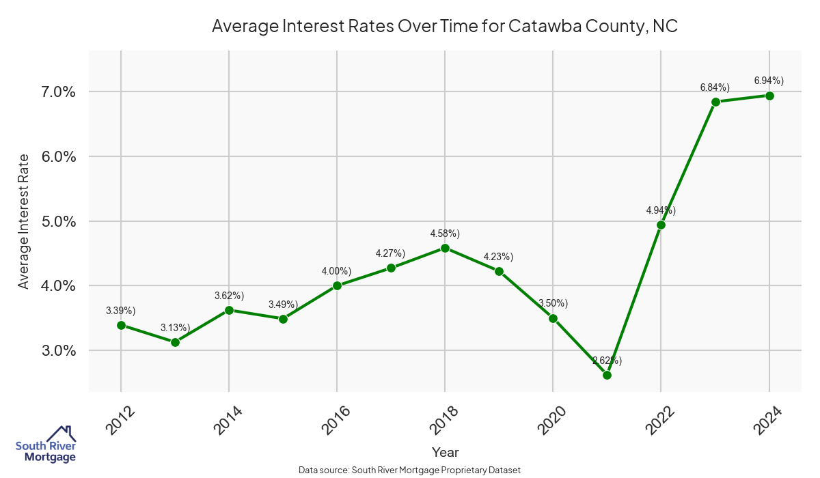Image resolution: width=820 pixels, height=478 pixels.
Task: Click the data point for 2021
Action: (x=607, y=375)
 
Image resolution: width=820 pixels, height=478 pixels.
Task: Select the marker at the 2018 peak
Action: (x=445, y=248)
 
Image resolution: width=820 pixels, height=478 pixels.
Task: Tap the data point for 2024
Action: (x=769, y=96)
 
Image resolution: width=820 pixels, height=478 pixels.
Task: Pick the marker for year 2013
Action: (x=175, y=342)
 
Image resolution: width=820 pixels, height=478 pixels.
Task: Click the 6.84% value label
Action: (x=715, y=87)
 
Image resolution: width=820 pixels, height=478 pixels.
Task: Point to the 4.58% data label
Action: (x=445, y=234)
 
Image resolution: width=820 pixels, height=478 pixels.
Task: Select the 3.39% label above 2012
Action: (x=121, y=311)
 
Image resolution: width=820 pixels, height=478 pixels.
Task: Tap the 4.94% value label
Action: (x=661, y=210)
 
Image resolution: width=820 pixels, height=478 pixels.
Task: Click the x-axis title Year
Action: (x=445, y=452)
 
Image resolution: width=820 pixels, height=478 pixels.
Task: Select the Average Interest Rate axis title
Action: (x=24, y=221)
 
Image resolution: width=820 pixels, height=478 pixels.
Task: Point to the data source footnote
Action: (x=410, y=470)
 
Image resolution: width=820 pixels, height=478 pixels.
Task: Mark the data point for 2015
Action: (x=283, y=319)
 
